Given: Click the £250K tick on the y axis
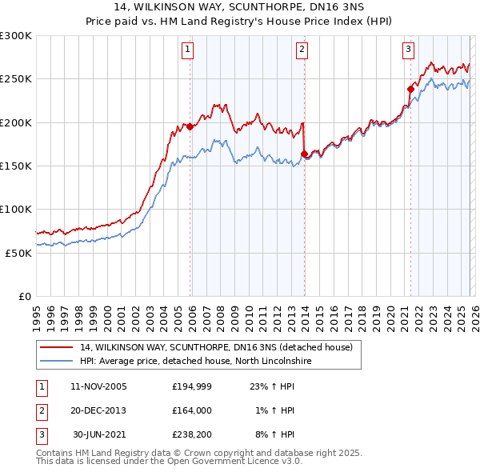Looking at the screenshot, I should tap(16, 79).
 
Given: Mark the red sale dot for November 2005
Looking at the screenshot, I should tap(190, 126).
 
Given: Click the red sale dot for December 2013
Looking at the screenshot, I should tap(304, 154).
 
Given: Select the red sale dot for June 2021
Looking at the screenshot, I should tap(410, 89).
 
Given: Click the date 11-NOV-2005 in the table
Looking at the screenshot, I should tap(98, 386).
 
